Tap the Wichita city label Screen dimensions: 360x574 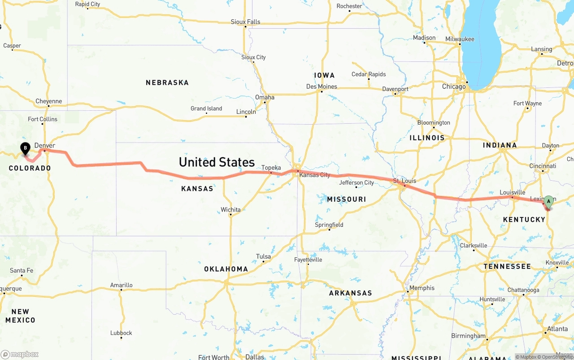coord(230,210)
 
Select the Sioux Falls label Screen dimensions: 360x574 coord(245,22)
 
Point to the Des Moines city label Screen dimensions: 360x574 coord(321,87)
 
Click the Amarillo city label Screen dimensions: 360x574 coord(122,285)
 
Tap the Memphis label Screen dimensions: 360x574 coord(422,288)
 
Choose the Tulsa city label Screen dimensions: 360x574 coord(263,256)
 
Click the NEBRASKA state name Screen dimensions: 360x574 coord(167,82)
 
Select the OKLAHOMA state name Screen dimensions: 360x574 coord(226,269)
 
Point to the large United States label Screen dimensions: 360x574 coord(217,162)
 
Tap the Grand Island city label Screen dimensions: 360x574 coord(206,108)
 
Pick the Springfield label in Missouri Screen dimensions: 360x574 coord(329,225)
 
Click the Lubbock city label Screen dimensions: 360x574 coord(121,333)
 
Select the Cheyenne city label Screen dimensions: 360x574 coord(48,101)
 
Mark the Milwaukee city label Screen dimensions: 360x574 coord(460,39)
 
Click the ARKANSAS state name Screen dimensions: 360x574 coord(350,293)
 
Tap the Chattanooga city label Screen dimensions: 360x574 coord(523,290)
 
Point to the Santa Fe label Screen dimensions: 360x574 coord(22,270)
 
